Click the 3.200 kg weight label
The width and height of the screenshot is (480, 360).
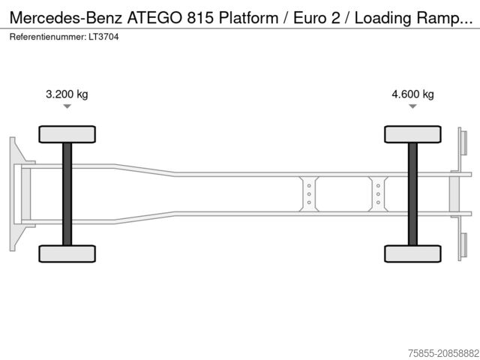67,94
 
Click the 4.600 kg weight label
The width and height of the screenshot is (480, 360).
412,94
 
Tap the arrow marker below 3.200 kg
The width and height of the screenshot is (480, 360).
67,107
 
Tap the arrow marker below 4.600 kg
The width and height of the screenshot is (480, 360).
412,107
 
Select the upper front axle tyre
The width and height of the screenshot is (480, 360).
67,134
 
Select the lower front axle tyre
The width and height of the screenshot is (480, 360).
67,253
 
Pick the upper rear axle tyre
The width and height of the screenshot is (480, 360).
412,134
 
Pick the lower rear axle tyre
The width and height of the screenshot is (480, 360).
412,253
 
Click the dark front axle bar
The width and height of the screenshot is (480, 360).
67,193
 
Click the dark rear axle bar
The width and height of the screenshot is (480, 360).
412,193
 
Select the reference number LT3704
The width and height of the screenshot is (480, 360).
104,36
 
